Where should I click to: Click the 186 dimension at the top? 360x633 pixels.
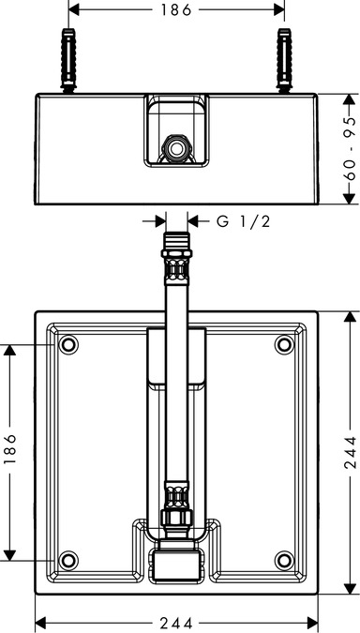[175, 10]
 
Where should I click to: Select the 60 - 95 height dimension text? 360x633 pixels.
[349, 148]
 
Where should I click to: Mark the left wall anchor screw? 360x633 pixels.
[67, 59]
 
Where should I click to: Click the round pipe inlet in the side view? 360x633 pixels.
[175, 147]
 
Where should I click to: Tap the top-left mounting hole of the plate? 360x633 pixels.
[67, 345]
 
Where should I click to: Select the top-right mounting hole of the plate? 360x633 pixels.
[283, 345]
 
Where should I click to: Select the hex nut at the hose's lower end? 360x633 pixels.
[175, 521]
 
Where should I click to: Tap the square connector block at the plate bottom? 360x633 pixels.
[175, 565]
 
